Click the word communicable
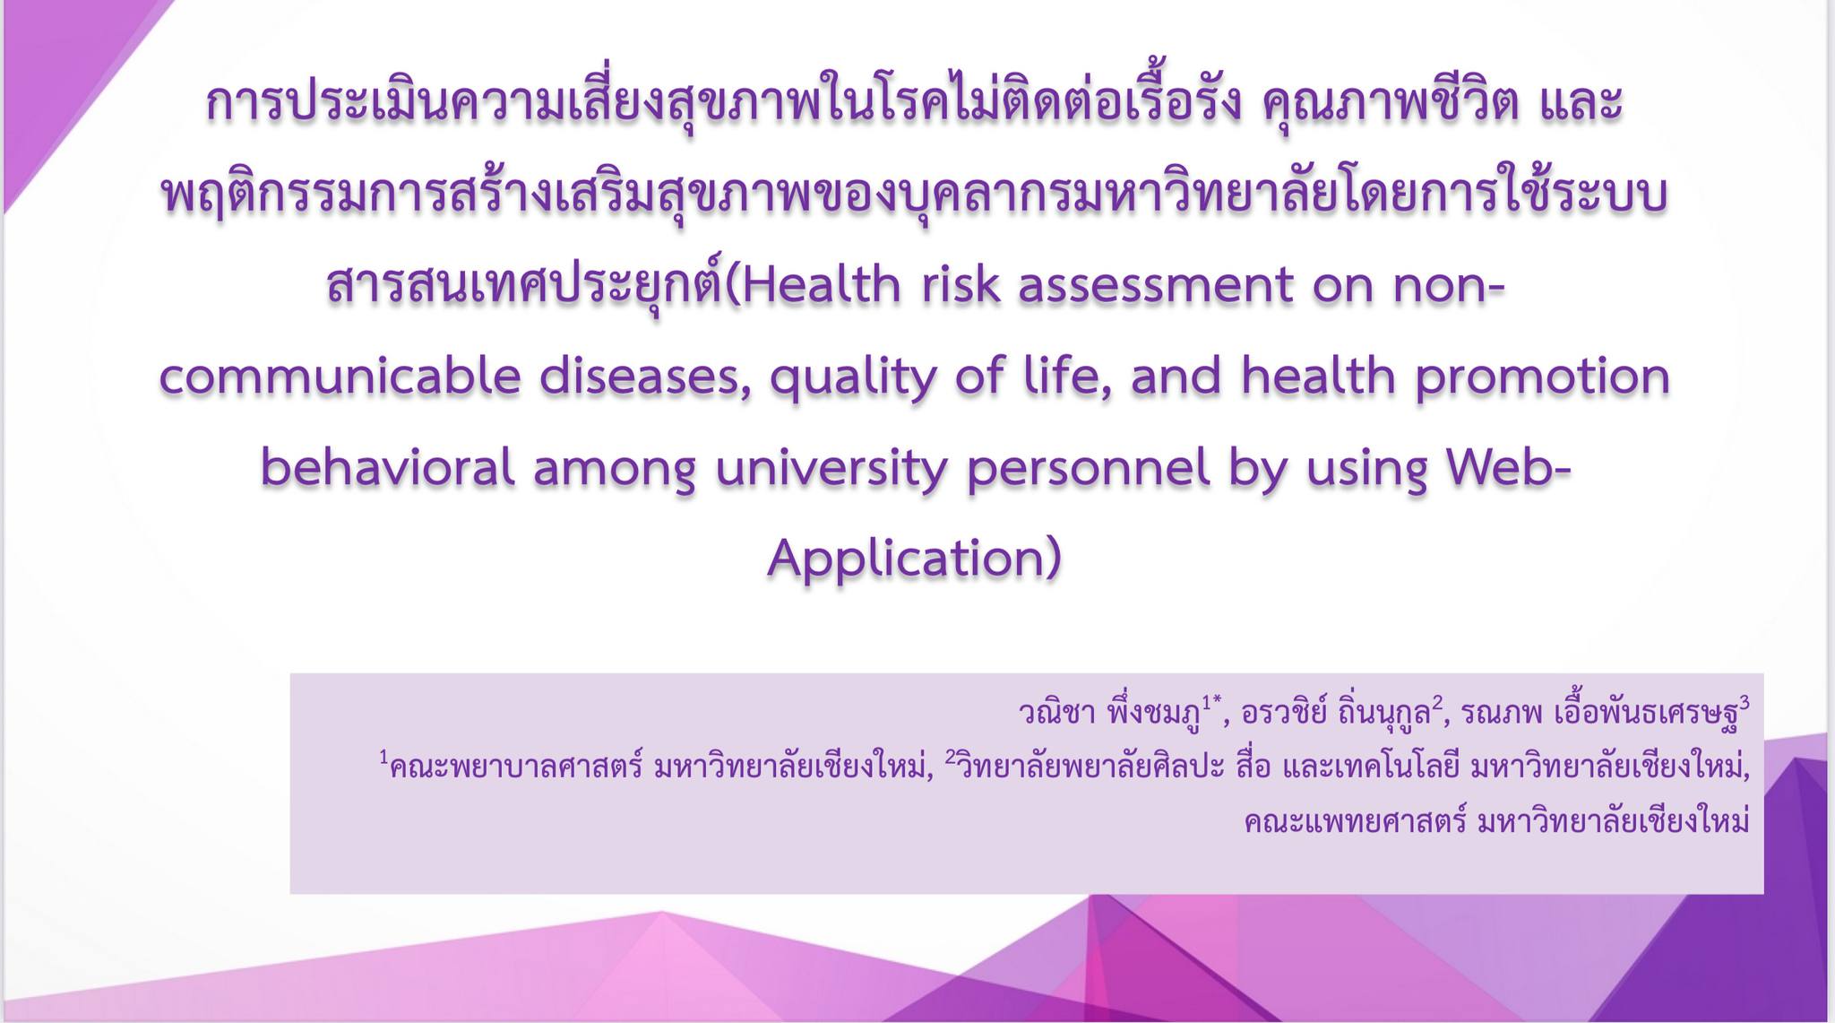(x=340, y=377)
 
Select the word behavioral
(x=388, y=467)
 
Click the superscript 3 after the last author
(x=1745, y=703)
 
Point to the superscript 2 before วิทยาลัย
(x=951, y=758)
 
